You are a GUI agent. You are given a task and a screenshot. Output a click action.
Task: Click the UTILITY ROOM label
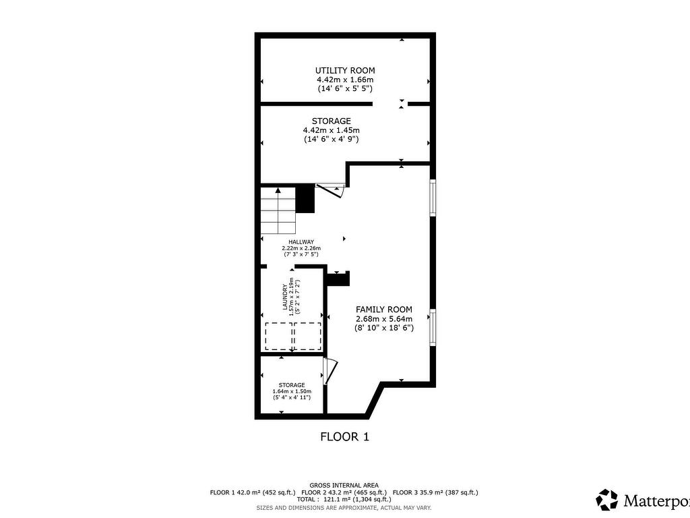pos(345,70)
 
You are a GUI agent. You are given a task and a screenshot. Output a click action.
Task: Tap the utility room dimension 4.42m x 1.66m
pos(345,80)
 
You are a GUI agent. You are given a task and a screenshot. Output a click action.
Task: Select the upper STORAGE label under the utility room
pos(331,121)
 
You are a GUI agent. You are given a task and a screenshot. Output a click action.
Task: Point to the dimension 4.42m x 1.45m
pos(331,130)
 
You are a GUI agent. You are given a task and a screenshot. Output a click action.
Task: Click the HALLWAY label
pos(301,241)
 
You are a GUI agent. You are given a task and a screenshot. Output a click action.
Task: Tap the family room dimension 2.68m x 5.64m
pos(384,318)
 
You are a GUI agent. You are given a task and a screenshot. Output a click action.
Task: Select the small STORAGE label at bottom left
pos(292,384)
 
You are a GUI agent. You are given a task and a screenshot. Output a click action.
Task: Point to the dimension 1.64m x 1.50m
pos(292,391)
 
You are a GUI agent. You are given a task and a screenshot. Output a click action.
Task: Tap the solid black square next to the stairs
pos(306,198)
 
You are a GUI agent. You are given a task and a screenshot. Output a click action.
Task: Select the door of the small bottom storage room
pos(329,371)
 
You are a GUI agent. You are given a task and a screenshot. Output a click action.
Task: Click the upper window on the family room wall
pos(433,198)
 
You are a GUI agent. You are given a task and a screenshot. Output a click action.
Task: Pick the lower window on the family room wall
pos(433,327)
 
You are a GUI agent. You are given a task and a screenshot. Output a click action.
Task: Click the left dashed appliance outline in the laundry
pos(278,336)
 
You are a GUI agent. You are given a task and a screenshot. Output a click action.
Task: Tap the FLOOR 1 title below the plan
pos(344,436)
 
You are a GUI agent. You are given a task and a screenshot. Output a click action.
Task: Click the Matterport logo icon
pos(606,500)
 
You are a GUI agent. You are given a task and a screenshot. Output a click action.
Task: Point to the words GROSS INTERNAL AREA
pos(344,485)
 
